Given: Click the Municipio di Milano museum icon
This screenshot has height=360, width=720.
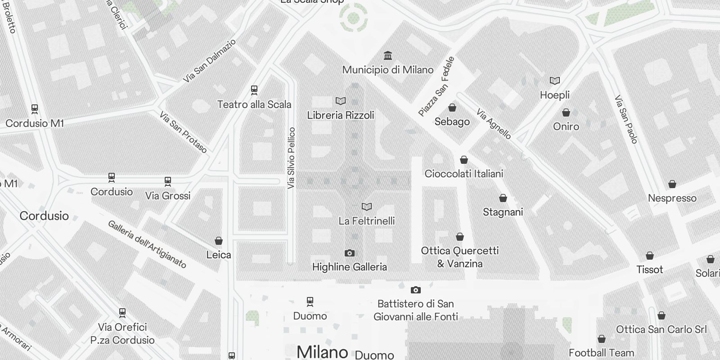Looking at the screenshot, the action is (388, 56).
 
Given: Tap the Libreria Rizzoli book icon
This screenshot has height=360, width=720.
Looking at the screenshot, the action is (341, 101).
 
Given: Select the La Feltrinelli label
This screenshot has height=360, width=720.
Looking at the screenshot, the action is (367, 221).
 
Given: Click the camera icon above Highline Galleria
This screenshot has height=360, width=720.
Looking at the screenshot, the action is (349, 253).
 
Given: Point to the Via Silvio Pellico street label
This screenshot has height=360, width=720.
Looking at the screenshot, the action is (292, 157).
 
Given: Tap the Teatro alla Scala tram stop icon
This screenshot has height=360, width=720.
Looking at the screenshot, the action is (254, 90).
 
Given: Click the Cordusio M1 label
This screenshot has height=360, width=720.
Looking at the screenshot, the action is (35, 123).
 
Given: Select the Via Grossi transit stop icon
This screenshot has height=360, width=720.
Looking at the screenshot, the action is (168, 182).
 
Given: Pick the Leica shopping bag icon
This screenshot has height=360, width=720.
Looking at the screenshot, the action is (219, 241).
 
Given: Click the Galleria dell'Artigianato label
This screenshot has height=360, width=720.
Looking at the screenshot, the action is (147, 244).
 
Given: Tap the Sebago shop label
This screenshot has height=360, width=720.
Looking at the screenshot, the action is (452, 121).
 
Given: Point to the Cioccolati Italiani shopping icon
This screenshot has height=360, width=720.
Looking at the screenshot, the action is (464, 160).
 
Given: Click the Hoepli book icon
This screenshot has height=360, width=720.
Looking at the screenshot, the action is (555, 81).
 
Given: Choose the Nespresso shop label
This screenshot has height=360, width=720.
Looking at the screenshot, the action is (672, 198).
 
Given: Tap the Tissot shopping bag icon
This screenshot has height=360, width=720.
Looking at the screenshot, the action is (650, 256).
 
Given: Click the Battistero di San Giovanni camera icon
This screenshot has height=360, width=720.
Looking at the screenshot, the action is (416, 290).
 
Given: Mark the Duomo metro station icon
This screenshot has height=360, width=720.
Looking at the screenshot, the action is (310, 301).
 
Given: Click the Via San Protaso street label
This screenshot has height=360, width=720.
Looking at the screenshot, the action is (183, 132).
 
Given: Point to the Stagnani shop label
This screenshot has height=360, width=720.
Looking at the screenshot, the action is (503, 212).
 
